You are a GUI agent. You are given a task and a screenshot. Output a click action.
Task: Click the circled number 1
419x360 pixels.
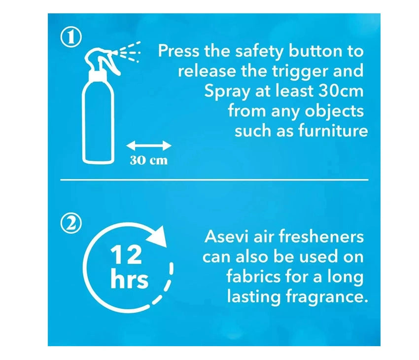(x=70, y=37)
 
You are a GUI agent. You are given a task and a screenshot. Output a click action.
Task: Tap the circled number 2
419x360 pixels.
(x=71, y=223)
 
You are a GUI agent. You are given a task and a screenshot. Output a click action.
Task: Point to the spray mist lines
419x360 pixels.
(x=130, y=52)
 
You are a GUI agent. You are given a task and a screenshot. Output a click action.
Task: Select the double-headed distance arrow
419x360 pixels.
(x=149, y=146)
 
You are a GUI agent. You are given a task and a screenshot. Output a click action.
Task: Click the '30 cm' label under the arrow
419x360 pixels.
(x=149, y=160)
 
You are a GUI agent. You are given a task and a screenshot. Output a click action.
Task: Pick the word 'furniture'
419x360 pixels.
(x=333, y=131)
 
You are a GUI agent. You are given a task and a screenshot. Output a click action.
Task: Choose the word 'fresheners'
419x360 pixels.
(x=321, y=236)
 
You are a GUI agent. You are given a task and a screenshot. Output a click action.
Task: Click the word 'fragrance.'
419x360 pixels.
(x=326, y=297)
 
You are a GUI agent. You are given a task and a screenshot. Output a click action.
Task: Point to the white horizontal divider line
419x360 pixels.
(x=214, y=180)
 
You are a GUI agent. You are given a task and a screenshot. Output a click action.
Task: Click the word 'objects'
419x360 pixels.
(x=334, y=111)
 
